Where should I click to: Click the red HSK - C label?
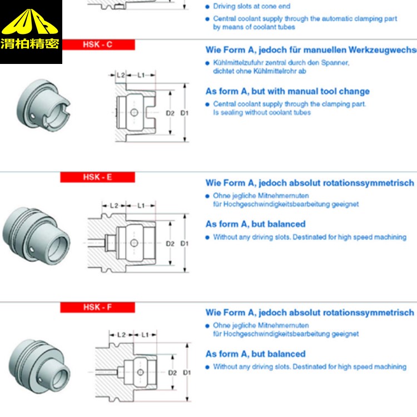pyautogui.click(x=98, y=44)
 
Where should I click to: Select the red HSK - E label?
pyautogui.click(x=98, y=177)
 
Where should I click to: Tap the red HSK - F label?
pyautogui.click(x=98, y=307)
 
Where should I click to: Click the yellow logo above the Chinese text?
pyautogui.click(x=31, y=22)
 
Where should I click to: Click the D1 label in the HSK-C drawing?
pyautogui.click(x=185, y=113)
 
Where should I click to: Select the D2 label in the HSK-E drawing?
pyautogui.click(x=170, y=244)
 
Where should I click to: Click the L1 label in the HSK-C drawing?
pyautogui.click(x=141, y=75)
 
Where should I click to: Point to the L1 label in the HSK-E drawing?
pyautogui.click(x=141, y=205)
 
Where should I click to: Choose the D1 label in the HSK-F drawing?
pyautogui.click(x=187, y=372)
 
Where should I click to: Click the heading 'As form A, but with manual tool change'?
pyautogui.click(x=287, y=91)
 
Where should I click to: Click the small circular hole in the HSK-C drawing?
pyautogui.click(x=133, y=112)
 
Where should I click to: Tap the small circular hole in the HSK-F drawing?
pyautogui.click(x=141, y=372)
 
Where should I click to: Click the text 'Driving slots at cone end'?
pyautogui.click(x=251, y=7)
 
